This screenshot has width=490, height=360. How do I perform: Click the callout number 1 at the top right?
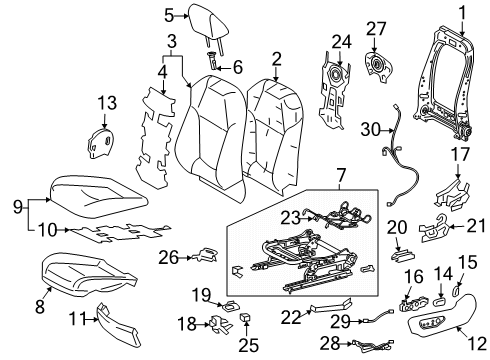(x=462, y=12)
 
